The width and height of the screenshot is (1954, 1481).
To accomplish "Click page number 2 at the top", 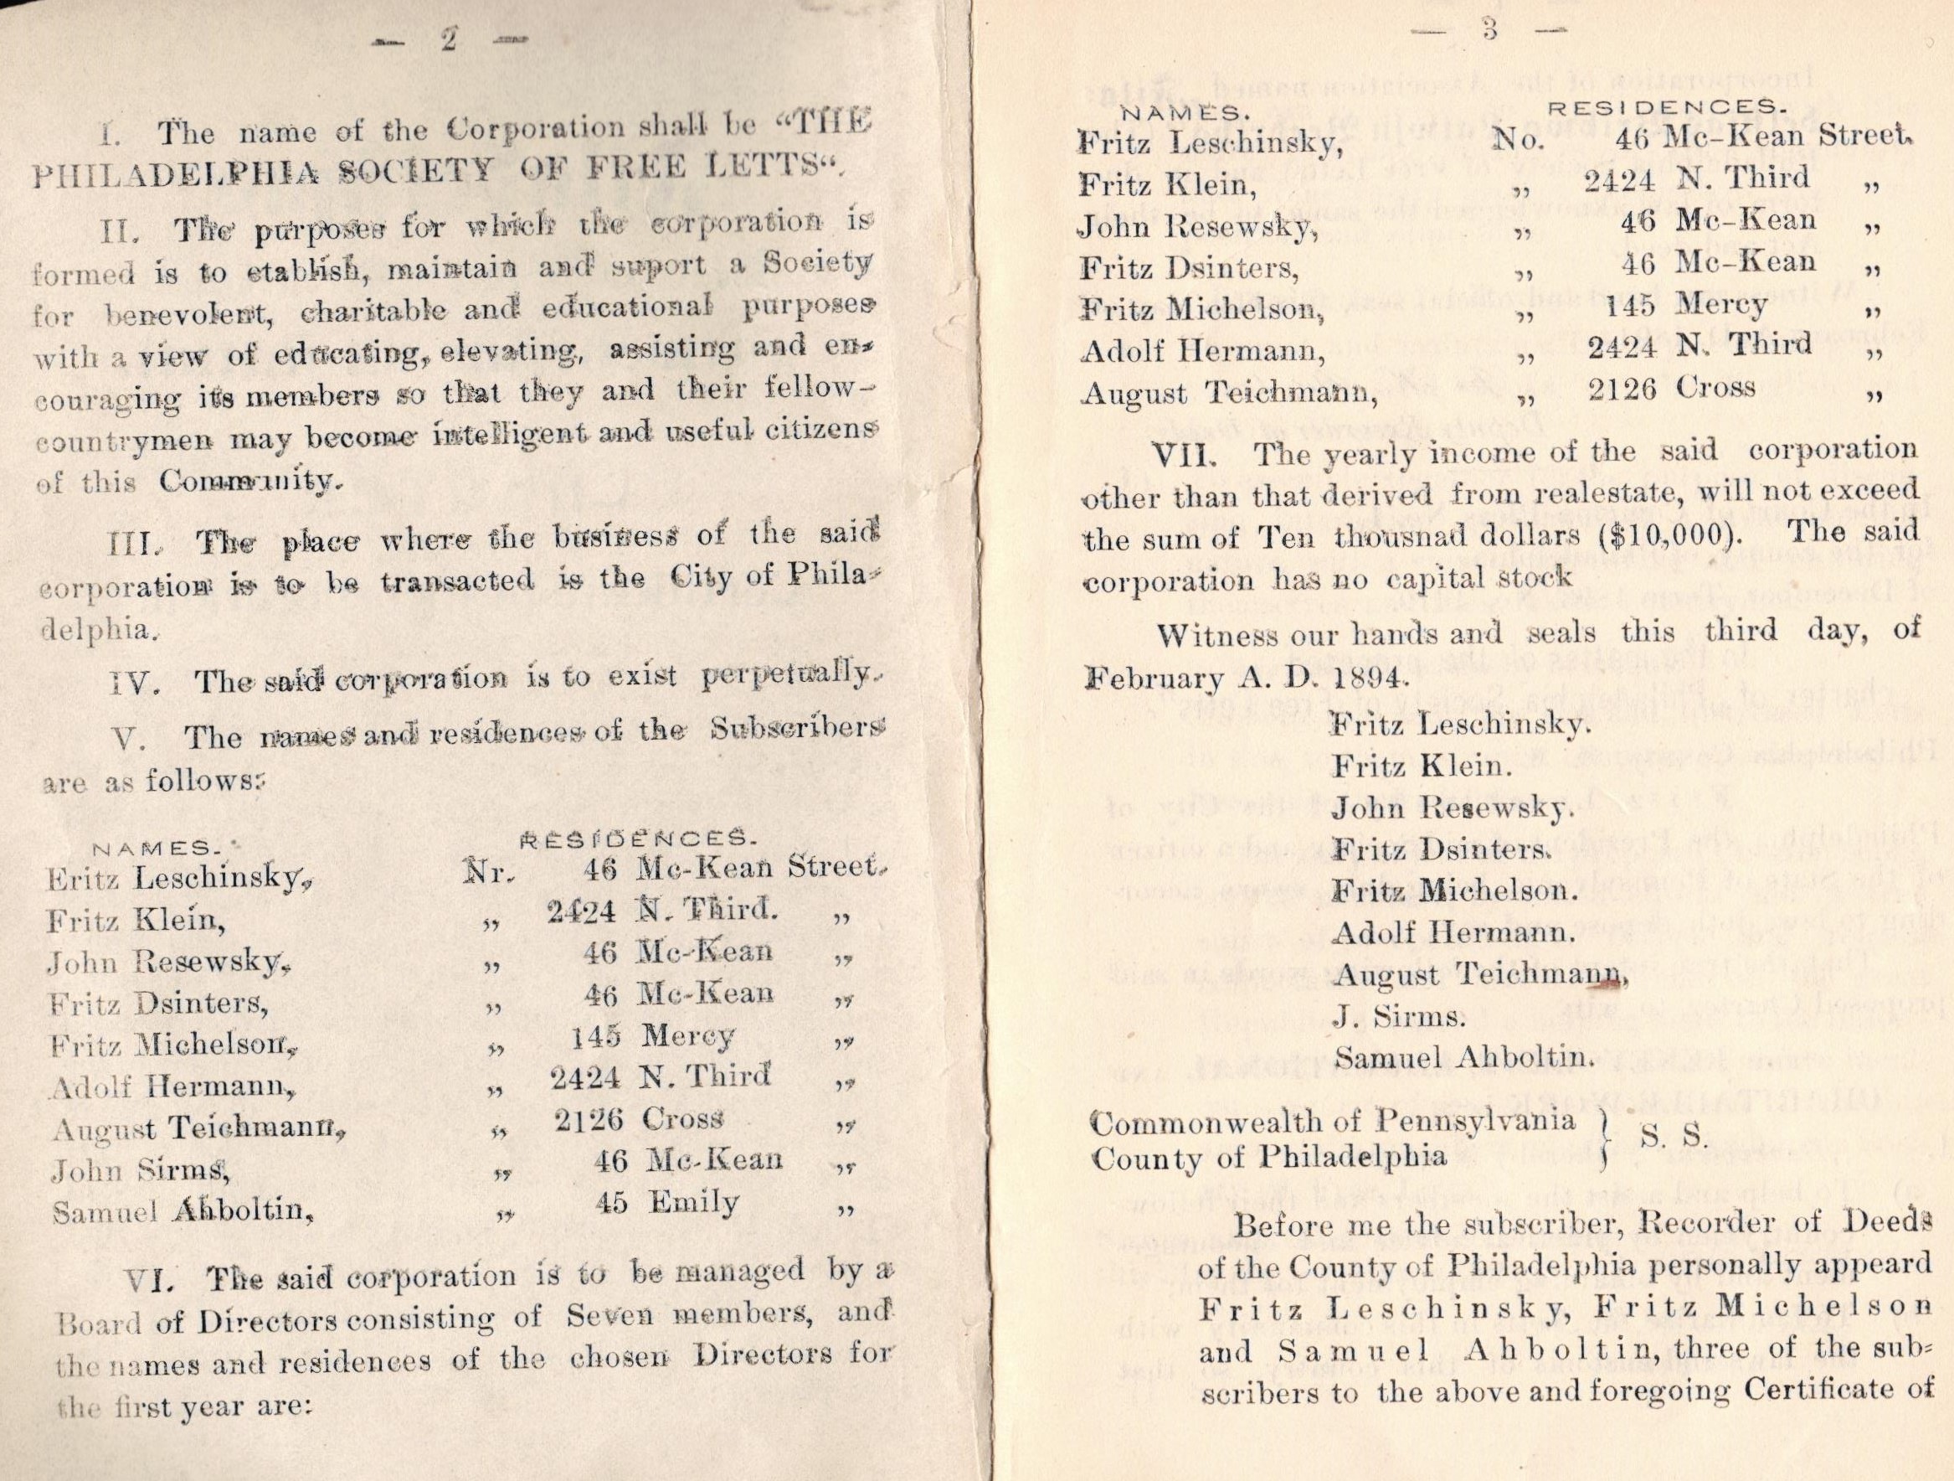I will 448,42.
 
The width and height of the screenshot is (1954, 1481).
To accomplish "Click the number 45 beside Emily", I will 611,1203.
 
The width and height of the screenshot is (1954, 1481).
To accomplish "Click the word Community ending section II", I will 248,482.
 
